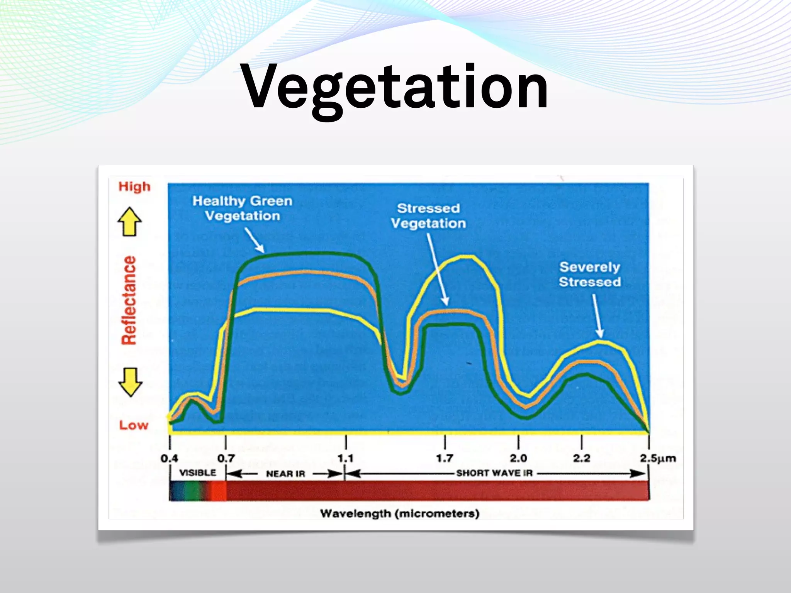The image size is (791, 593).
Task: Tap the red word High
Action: click(134, 186)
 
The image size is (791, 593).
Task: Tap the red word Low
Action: click(134, 425)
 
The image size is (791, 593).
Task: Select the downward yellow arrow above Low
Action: click(130, 382)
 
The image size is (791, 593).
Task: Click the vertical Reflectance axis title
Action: click(129, 300)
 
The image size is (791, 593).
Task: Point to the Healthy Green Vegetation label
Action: click(242, 208)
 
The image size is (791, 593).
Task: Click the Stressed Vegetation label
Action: click(428, 216)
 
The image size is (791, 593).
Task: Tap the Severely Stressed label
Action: click(590, 274)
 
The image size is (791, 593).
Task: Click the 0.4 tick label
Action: click(169, 458)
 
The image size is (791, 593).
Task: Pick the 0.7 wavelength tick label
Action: click(226, 458)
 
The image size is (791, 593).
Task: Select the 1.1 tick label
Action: click(345, 458)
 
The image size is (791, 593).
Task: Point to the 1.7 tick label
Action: click(445, 458)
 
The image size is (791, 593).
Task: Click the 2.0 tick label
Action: click(518, 458)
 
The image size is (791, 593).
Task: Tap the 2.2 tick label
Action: click(581, 458)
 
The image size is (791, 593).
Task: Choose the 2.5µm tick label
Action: click(658, 458)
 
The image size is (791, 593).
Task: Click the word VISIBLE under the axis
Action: click(198, 473)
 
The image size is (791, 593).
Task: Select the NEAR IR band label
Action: click(285, 474)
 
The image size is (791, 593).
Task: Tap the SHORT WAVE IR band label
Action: click(494, 473)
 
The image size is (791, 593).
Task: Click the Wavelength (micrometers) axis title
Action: click(400, 513)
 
